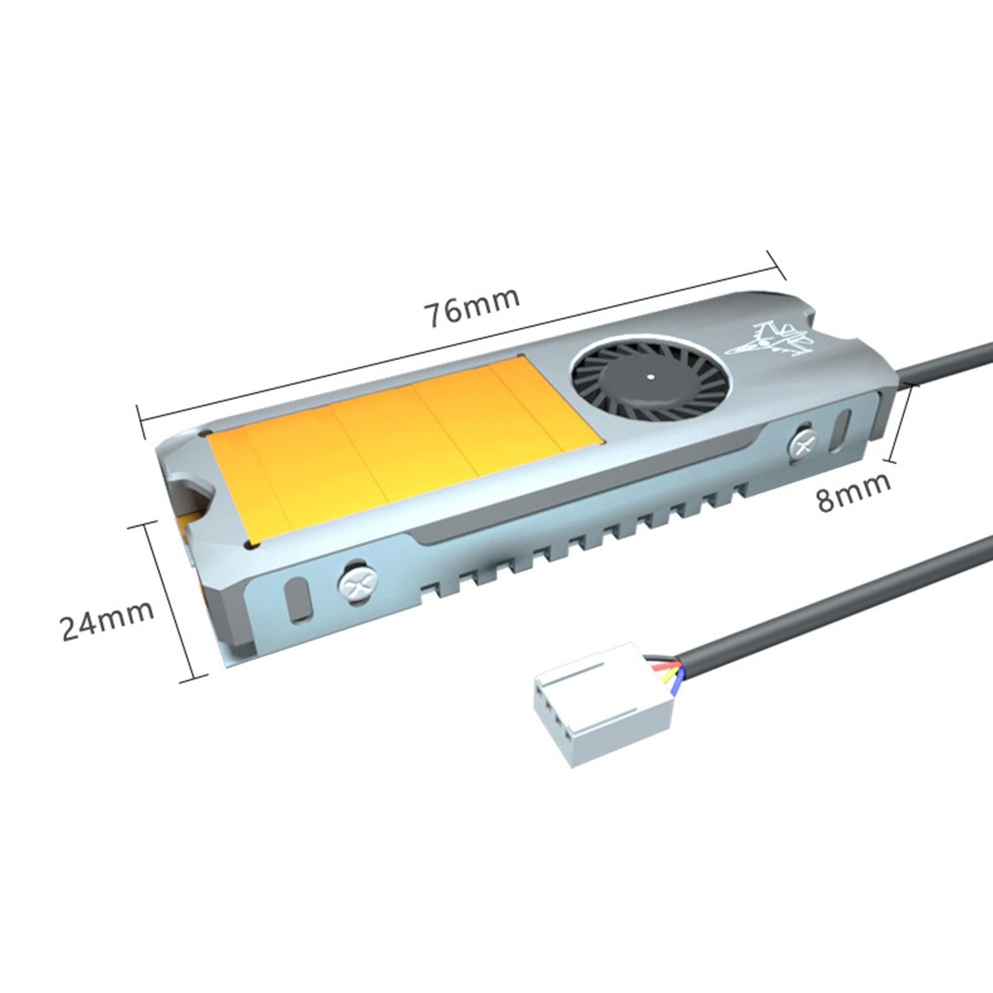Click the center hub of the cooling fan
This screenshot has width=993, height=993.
pos(649,377)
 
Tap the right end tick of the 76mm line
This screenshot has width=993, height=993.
pos(775,264)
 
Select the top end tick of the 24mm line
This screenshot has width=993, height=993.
pos(147,525)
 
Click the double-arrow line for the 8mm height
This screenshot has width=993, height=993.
pos(902,423)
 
